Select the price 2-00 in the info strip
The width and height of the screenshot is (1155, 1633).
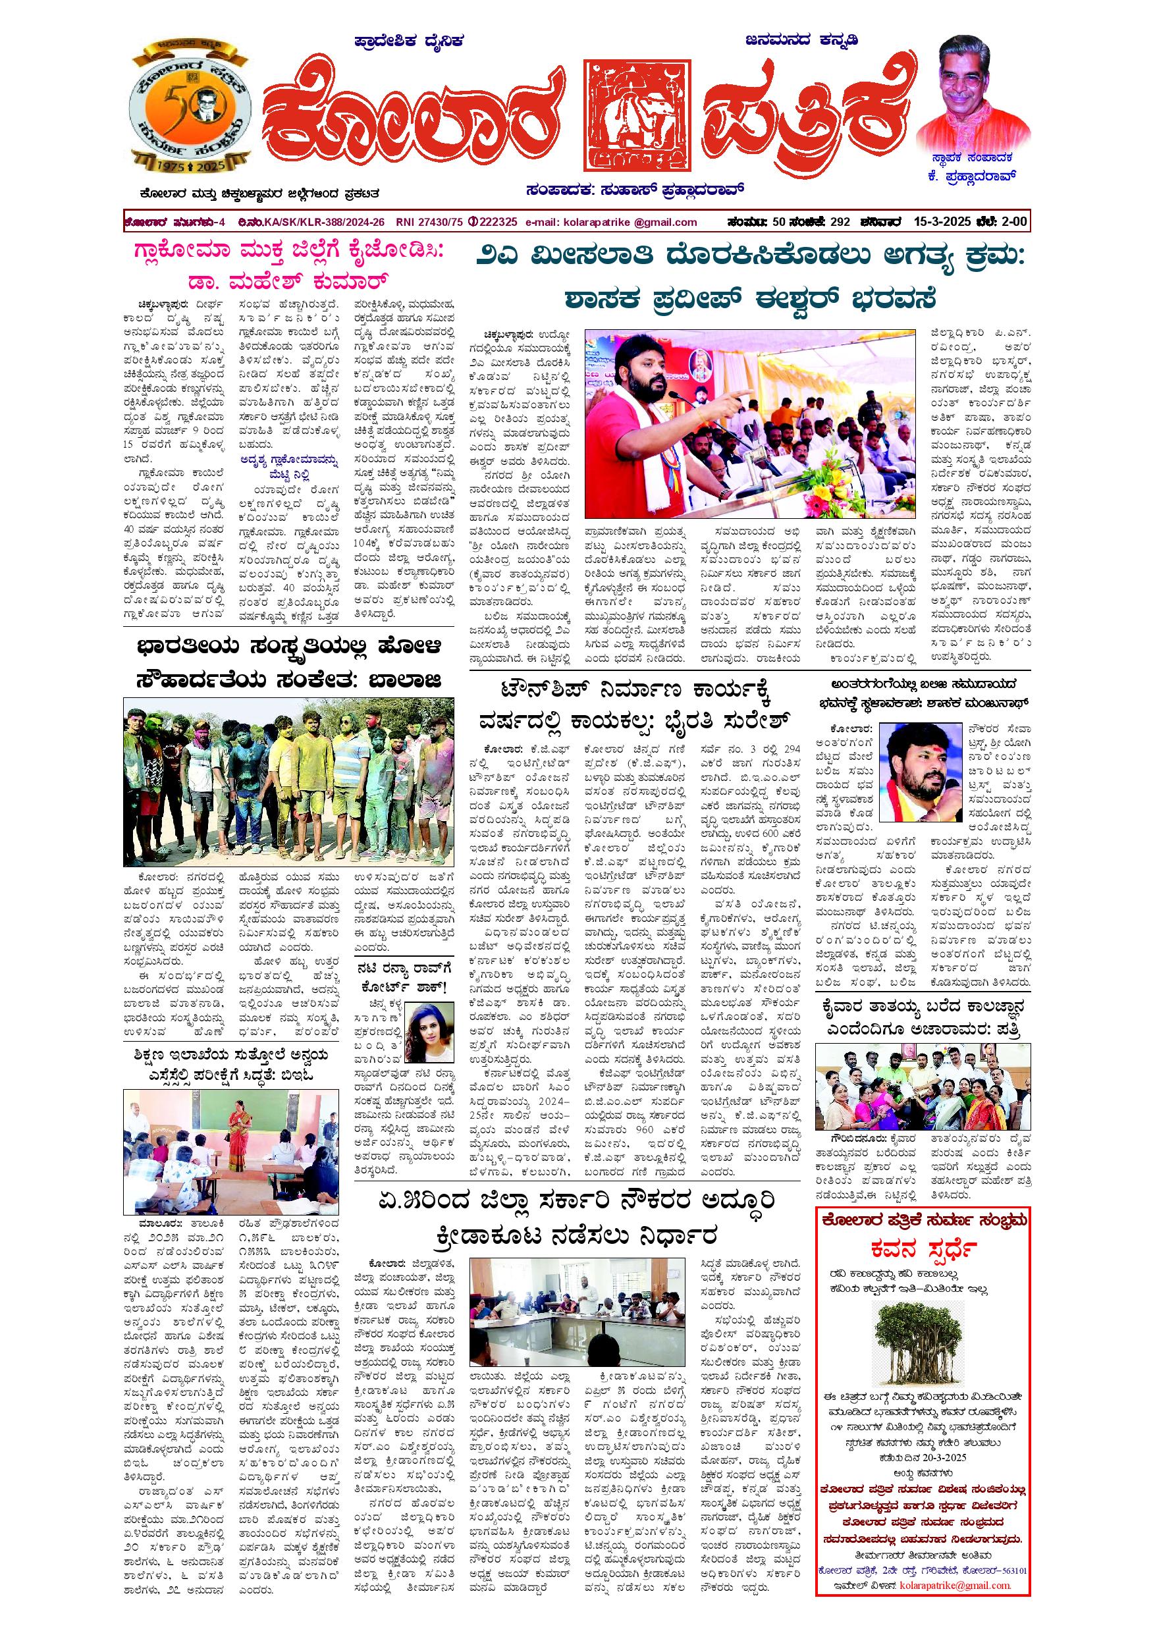1013,221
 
